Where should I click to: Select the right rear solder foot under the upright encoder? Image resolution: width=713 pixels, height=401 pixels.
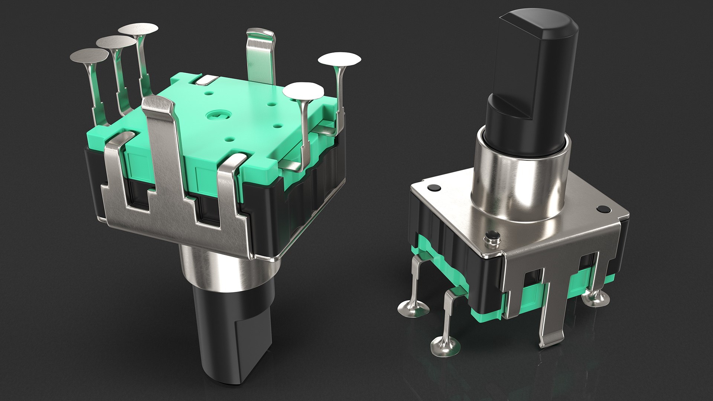(x=595, y=297)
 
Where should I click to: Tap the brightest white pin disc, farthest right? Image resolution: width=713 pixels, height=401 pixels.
(x=339, y=59)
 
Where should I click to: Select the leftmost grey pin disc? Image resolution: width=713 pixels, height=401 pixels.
(x=89, y=56)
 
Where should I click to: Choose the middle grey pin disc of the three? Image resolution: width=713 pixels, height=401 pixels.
(x=116, y=42)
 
